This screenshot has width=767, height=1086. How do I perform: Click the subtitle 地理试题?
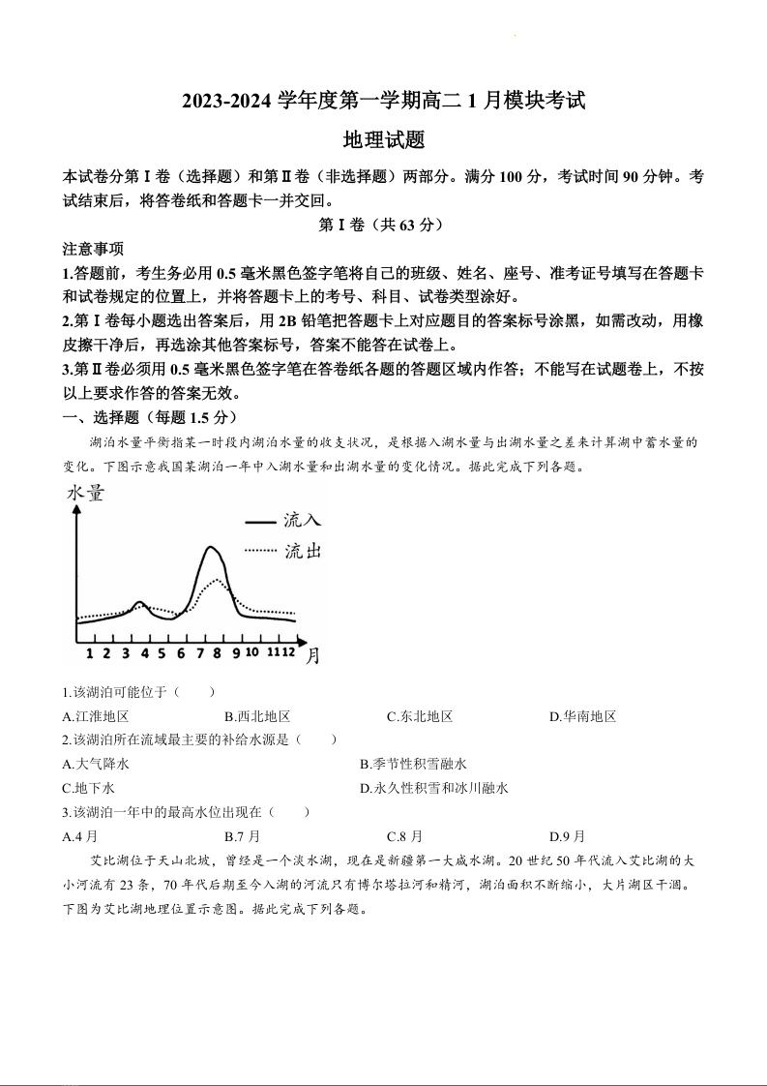pos(384,140)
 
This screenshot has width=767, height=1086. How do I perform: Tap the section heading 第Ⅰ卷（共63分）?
pos(384,226)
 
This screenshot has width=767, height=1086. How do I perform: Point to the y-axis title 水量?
pos(86,494)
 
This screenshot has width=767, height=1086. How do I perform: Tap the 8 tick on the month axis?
pos(217,653)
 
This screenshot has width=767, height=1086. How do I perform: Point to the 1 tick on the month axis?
pos(90,653)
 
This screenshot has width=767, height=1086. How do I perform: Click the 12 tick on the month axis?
pos(287,653)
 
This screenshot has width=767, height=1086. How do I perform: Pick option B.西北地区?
pos(257,717)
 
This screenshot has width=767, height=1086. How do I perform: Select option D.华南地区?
pos(582,717)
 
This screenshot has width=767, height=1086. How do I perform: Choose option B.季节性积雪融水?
pos(413,765)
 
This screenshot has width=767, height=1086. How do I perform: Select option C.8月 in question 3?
pos(404,836)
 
